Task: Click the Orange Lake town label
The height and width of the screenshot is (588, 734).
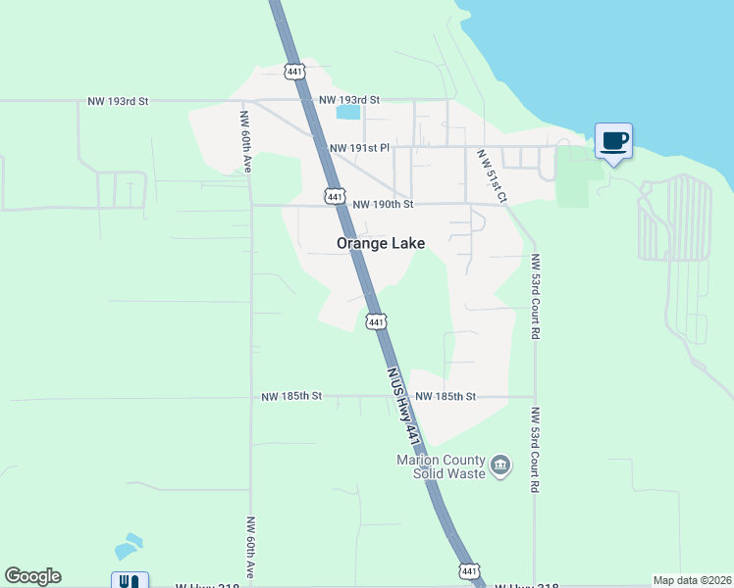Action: click(x=381, y=243)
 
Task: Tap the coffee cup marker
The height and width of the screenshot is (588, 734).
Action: click(x=614, y=141)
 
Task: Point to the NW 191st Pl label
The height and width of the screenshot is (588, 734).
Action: click(x=360, y=148)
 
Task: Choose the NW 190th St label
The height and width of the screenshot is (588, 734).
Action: click(x=384, y=205)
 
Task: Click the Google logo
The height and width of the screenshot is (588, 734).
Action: click(x=32, y=576)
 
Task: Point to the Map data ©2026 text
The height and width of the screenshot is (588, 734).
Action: click(x=691, y=580)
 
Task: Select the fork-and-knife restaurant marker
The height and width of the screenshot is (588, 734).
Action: click(x=130, y=580)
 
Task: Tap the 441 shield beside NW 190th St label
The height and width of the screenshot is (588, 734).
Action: click(x=336, y=197)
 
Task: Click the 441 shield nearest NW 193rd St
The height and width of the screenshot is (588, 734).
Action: click(x=295, y=72)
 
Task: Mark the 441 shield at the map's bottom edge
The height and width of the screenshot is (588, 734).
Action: click(x=469, y=571)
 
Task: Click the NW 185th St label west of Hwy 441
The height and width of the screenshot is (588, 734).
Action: click(x=292, y=397)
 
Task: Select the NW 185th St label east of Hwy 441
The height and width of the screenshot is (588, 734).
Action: click(x=446, y=397)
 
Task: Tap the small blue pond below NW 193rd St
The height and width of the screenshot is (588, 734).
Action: click(x=347, y=112)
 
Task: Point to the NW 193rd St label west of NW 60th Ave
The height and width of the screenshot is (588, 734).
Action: click(x=118, y=100)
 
